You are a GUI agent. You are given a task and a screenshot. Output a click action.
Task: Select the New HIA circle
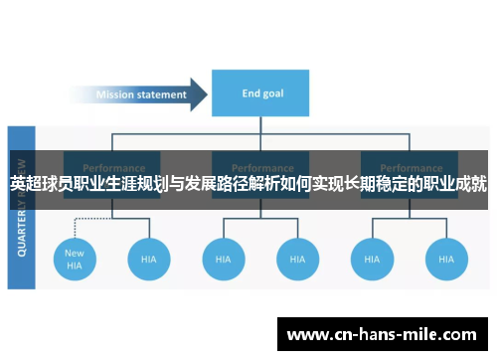(x=74, y=259)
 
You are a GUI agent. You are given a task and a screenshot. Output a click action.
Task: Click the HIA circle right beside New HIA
(x=148, y=259)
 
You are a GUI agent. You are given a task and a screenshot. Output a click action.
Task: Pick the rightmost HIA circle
(x=445, y=259)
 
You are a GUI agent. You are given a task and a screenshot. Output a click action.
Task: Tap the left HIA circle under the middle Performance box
(x=223, y=259)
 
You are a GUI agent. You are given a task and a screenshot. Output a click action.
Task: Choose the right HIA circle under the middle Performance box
(x=296, y=259)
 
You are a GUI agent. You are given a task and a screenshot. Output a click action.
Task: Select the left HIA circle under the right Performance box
(x=371, y=259)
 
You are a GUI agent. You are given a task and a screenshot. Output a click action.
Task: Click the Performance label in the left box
(x=111, y=168)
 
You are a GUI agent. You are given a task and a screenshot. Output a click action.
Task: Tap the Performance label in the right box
(x=409, y=168)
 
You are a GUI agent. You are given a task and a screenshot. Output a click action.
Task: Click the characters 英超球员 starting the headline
(x=44, y=184)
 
